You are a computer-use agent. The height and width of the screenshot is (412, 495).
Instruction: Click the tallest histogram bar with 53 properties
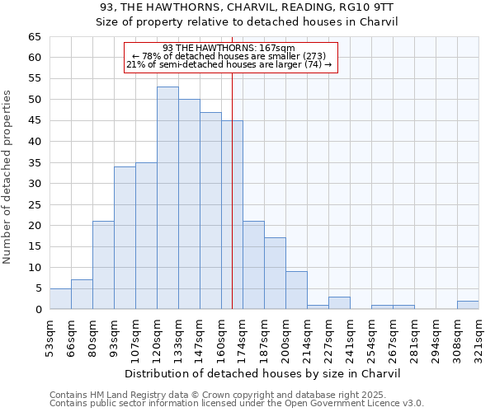[x=167, y=198]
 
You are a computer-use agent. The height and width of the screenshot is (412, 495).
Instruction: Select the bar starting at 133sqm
[x=189, y=204]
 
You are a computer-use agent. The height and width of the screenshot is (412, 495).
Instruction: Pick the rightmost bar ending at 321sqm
[x=468, y=305]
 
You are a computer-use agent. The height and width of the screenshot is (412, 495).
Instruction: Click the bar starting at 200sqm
[x=296, y=290]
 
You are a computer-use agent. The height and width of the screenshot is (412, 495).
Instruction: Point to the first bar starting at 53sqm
[x=60, y=299]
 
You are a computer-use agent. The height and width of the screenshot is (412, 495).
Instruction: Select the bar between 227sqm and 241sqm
[x=339, y=302]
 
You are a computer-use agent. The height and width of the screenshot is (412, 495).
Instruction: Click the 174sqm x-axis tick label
[x=243, y=338]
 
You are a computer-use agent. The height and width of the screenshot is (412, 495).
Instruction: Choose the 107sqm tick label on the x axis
[x=136, y=338]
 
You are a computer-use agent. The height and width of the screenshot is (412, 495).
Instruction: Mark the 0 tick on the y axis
[x=38, y=310]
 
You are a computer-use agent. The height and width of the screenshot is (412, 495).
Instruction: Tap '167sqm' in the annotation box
[x=276, y=48]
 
